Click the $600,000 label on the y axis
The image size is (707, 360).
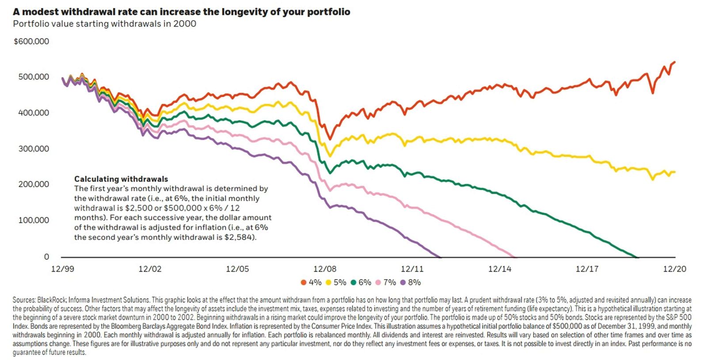tap(31, 42)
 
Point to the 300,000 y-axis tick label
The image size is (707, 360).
tap(34, 149)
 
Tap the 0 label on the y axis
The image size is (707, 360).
tap(46, 257)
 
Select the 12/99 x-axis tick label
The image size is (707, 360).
tap(63, 269)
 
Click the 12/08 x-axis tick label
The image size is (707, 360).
tap(325, 269)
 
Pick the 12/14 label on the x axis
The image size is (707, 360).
tap(500, 269)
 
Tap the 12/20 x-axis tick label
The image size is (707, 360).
tap(674, 269)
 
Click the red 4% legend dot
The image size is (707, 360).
tap(303, 283)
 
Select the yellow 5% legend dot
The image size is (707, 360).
tap(328, 283)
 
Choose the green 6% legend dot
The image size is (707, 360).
tap(353, 283)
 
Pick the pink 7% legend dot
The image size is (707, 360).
tap(378, 283)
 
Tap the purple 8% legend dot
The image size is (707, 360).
tap(403, 283)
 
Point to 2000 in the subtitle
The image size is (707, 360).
tap(185, 24)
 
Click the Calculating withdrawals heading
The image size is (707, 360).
tap(121, 179)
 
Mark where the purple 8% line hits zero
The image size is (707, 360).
tap(440, 257)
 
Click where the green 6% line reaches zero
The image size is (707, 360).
tap(637, 257)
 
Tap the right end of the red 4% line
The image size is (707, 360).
tap(675, 62)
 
